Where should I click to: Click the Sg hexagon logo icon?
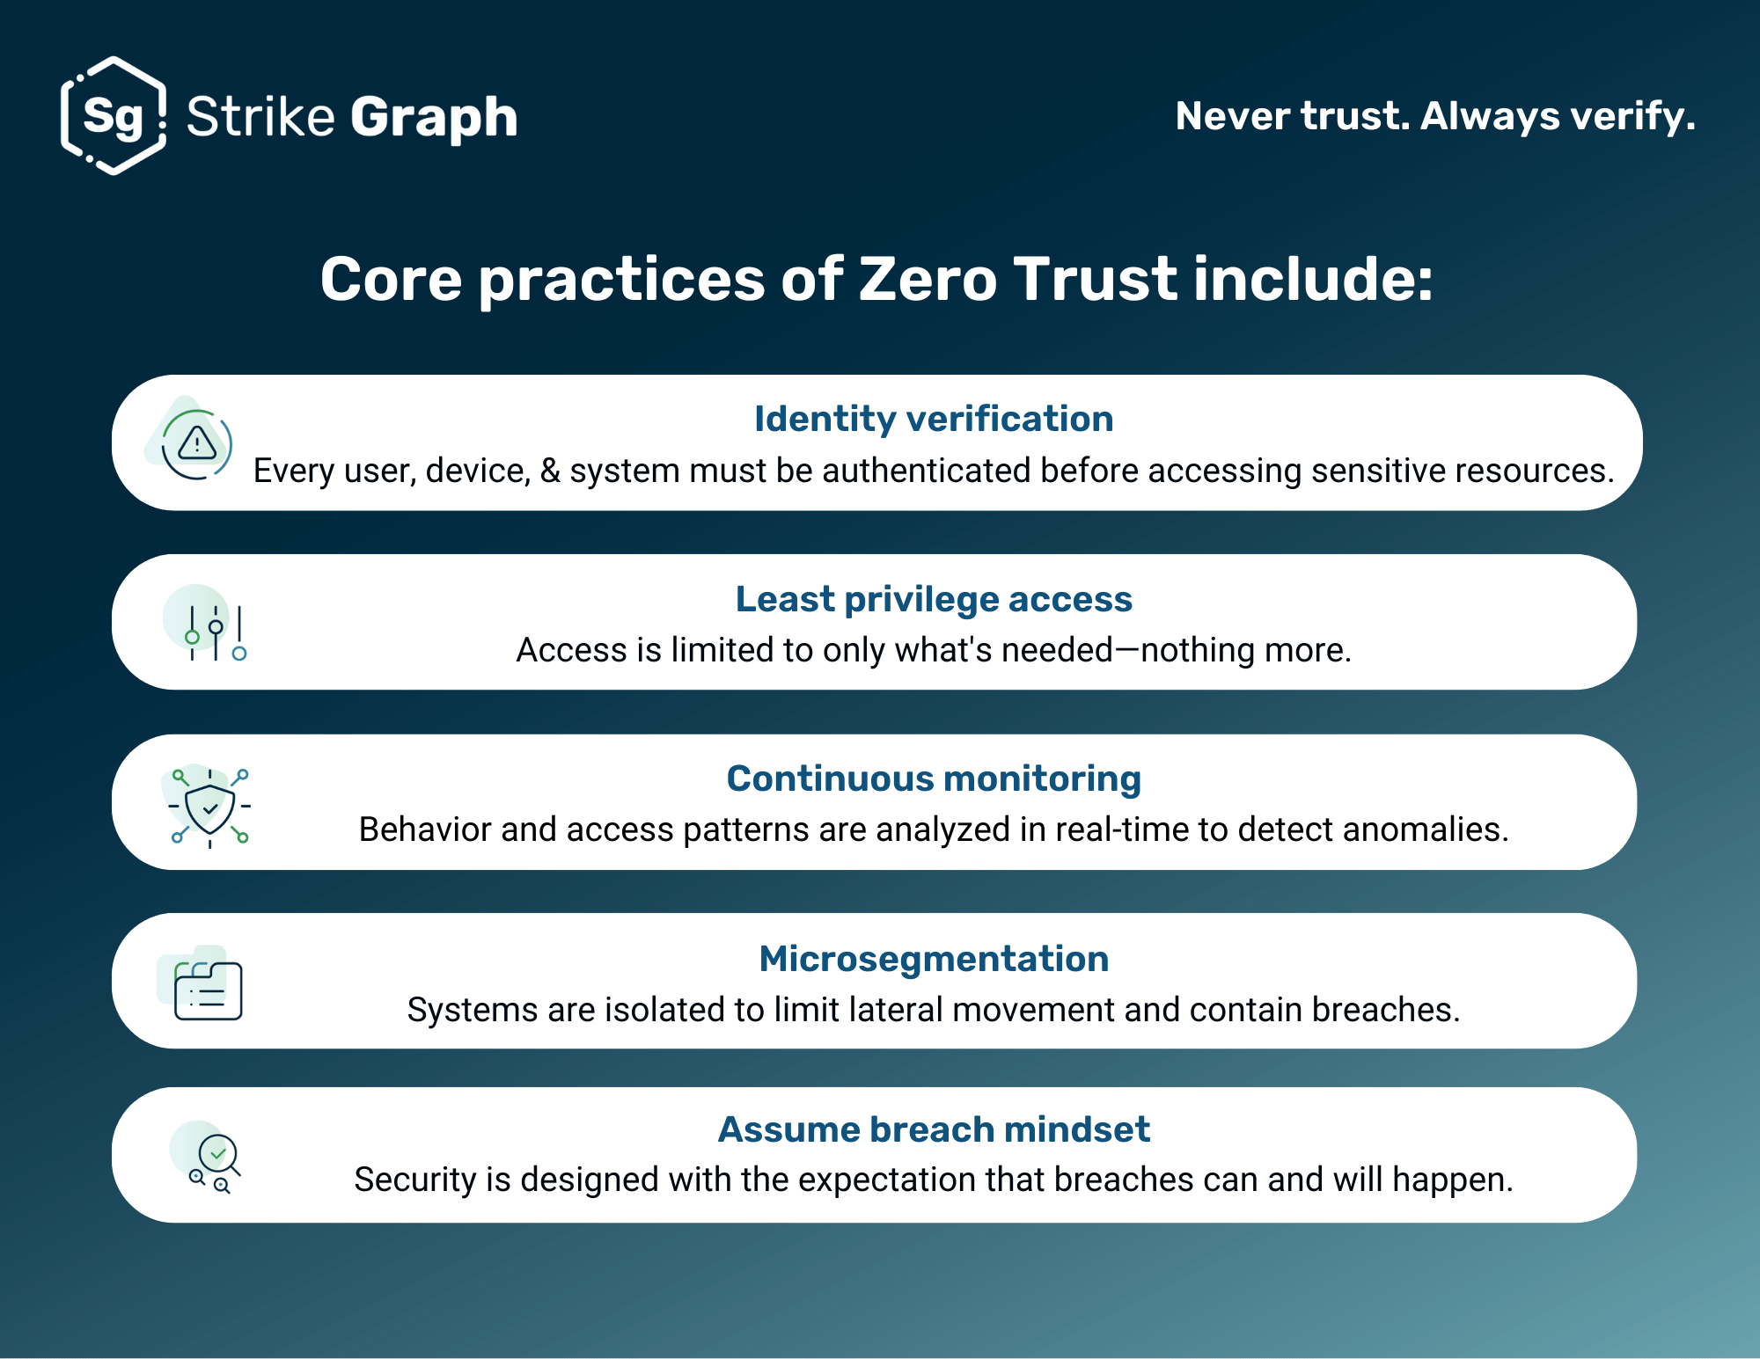click(x=114, y=115)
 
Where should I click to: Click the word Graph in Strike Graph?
click(x=434, y=117)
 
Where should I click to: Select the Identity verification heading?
click(x=934, y=419)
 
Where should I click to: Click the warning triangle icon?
click(x=197, y=443)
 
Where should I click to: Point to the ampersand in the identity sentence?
click(x=550, y=471)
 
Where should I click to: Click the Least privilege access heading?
click(x=934, y=599)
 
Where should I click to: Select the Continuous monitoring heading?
click(x=934, y=778)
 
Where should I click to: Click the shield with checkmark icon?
click(x=210, y=807)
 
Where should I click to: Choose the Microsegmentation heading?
click(x=934, y=959)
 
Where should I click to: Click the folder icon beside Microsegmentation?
click(x=207, y=989)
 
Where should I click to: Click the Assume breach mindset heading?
click(x=934, y=1129)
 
